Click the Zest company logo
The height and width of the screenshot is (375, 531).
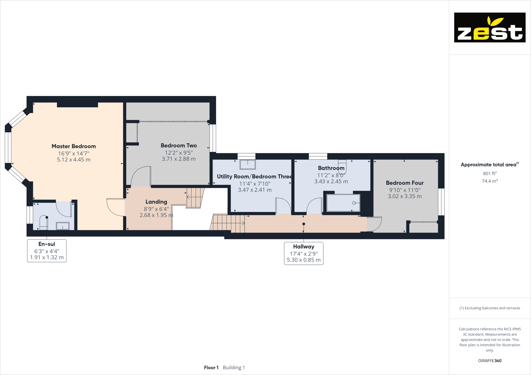click(x=490, y=28)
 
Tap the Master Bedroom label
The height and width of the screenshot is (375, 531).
click(x=74, y=146)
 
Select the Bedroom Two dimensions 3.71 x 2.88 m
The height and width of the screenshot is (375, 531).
click(x=179, y=159)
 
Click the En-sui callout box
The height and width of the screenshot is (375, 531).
click(x=47, y=251)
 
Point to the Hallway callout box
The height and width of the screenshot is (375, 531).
click(x=303, y=253)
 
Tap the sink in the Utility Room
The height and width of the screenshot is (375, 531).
click(x=248, y=164)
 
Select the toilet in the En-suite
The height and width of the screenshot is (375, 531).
click(x=44, y=222)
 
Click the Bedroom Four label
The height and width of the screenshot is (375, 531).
click(x=405, y=183)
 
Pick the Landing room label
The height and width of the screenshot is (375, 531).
click(x=156, y=202)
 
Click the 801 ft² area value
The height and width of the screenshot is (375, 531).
click(x=490, y=173)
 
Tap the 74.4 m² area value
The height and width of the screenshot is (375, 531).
click(x=490, y=181)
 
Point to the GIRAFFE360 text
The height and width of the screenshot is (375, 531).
click(x=490, y=361)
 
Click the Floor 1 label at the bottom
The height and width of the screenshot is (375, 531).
click(x=211, y=368)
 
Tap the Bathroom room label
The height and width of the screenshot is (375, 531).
click(x=331, y=168)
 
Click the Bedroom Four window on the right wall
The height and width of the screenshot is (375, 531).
click(x=441, y=202)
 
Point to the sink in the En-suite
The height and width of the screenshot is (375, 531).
click(x=63, y=226)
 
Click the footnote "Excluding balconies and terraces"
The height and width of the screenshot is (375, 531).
click(x=490, y=308)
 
